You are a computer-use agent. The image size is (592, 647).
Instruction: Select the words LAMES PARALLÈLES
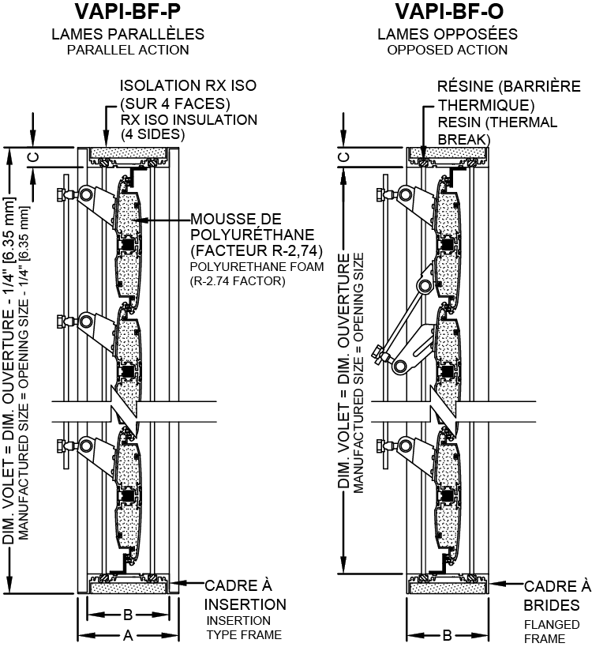(128, 35)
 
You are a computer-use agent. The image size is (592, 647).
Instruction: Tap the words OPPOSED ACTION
(448, 50)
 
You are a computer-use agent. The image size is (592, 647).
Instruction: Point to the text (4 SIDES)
(152, 134)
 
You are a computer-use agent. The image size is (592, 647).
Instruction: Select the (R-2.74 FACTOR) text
(237, 280)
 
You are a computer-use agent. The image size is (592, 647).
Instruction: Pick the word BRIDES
(553, 604)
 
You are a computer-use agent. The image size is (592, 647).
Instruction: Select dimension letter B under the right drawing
(447, 634)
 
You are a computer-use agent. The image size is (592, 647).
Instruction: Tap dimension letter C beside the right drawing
(343, 156)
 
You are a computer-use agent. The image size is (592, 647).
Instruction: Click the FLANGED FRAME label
(545, 631)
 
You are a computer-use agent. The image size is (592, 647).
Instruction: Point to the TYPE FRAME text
(243, 634)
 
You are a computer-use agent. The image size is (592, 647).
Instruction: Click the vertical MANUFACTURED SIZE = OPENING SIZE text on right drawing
(359, 371)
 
